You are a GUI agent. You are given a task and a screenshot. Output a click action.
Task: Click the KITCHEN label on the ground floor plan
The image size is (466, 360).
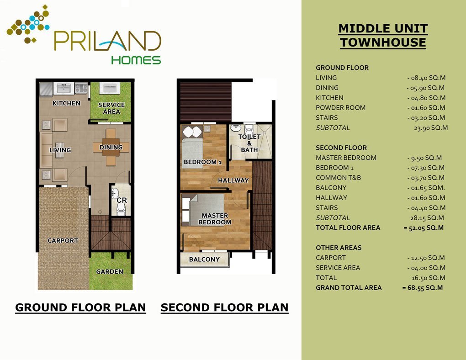66,103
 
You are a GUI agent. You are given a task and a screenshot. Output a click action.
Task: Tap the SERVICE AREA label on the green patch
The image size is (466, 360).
111,108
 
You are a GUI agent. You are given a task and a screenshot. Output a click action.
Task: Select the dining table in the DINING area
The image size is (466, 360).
111,147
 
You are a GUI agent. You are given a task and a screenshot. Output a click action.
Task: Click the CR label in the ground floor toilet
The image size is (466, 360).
122,200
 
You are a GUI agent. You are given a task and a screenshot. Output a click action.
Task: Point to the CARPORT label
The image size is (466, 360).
63,240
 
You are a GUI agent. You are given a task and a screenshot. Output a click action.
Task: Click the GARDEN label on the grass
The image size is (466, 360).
110,271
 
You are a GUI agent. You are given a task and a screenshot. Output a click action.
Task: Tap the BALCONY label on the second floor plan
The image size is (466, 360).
205,259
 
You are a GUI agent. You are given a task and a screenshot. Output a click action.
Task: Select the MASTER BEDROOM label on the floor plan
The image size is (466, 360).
215,219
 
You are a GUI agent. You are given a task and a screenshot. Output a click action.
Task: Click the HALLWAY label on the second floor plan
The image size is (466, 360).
233,180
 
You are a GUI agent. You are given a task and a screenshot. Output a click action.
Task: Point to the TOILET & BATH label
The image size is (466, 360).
249,143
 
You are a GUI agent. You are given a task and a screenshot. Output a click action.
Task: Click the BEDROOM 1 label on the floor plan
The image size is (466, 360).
203,162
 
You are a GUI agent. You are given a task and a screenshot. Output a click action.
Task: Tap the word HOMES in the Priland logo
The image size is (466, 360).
136,60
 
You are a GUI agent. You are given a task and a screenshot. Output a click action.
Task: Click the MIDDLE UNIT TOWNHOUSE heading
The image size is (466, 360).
383,35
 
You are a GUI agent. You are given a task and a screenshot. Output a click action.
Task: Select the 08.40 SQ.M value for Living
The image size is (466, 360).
426,78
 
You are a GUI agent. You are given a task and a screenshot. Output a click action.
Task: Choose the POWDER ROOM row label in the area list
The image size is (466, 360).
340,108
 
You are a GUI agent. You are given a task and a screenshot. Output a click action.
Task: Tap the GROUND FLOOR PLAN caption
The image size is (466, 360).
80,307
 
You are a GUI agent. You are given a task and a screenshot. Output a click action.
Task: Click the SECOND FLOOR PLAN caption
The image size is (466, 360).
225,307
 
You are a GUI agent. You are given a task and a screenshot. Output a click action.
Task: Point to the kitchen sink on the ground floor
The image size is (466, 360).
64,88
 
